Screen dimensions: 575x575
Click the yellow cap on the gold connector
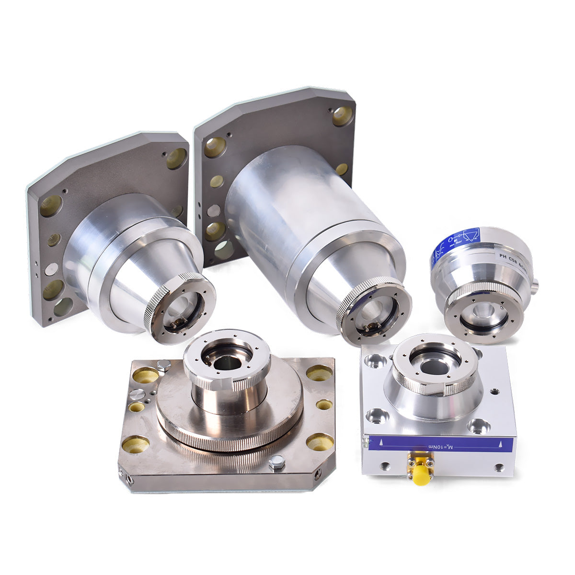coord(421,476)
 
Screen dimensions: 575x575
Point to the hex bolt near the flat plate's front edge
coord(276,463)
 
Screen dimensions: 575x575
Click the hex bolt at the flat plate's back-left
coord(164,366)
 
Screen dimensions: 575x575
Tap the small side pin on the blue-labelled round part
coord(535,287)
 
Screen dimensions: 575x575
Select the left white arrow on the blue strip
coord(381,441)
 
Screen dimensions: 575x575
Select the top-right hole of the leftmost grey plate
coord(177,158)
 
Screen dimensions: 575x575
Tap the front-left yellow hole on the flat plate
coord(135,444)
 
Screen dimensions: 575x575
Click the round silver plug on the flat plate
coord(137,394)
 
